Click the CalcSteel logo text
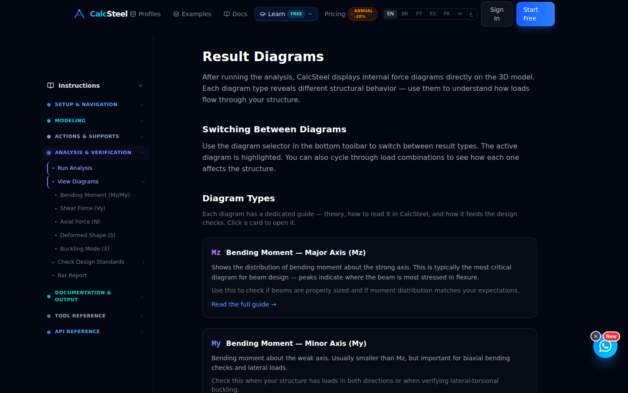109,14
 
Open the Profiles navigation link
146,14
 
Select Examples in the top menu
192,14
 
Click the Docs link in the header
235,14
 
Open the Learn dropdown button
286,14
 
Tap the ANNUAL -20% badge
362,14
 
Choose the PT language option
419,14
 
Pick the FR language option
447,14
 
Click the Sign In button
497,14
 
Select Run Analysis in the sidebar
75,168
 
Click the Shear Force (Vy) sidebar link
83,208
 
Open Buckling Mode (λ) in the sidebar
85,249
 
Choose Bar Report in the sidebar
72,276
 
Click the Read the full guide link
244,304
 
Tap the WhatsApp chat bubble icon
605,346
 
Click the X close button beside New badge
595,336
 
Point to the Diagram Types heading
239,198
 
